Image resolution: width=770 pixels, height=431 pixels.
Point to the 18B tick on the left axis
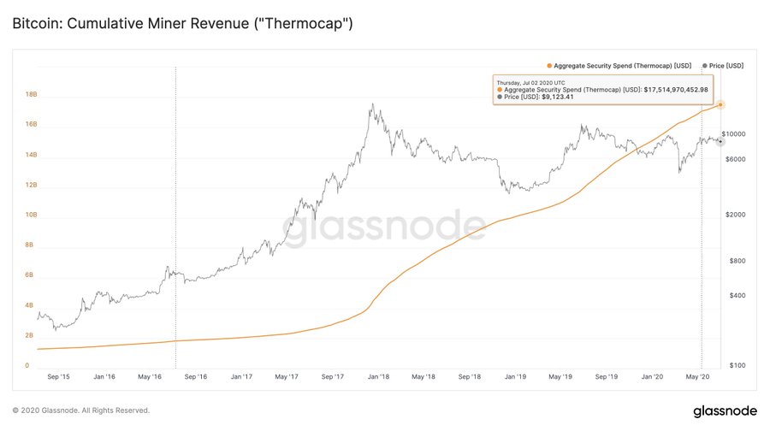31,95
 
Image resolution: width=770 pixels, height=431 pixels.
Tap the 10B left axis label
31,215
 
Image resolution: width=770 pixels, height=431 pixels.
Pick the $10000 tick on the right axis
733,134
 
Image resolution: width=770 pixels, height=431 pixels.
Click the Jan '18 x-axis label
378,376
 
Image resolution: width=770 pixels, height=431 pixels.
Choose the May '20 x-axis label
700,376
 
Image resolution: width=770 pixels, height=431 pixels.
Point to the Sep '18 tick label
470,376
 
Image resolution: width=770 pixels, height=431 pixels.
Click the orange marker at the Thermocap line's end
720,104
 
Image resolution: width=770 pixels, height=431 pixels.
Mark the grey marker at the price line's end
720,141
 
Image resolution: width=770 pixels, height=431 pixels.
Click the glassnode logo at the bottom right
724,410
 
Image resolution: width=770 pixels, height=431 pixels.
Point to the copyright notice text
81,410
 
